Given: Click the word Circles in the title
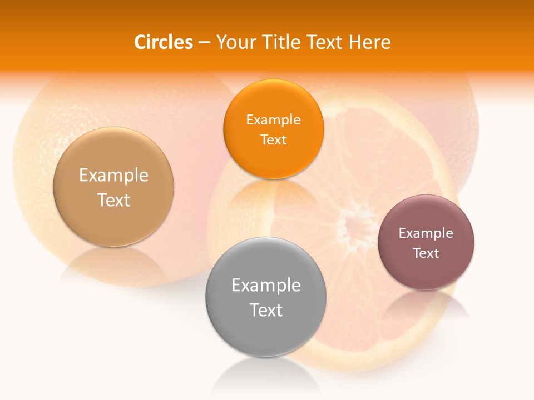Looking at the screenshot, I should point(163,42).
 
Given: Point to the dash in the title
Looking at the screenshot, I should point(204,43).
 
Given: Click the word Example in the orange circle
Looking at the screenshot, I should point(273,119).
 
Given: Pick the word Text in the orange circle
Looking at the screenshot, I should point(273,139).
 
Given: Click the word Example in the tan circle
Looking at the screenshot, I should point(113,176).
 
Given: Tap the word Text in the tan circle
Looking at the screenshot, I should point(113,200).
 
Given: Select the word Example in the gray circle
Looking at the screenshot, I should point(266,286).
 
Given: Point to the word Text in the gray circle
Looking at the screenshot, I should point(266,310).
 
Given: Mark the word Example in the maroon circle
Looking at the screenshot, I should point(426,233).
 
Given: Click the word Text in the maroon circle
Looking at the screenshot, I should point(426,253).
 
